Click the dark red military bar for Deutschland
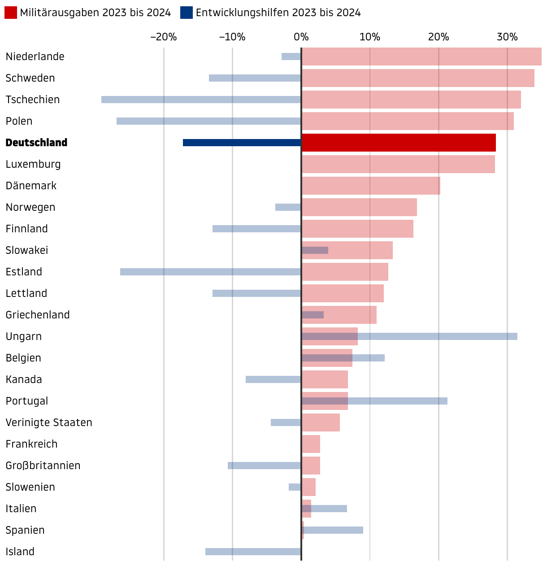399,143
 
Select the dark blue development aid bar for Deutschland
242,143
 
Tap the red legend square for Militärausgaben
11,13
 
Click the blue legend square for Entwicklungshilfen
187,13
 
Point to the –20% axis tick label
163,37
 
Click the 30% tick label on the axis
507,37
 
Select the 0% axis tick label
301,37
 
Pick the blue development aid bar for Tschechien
201,100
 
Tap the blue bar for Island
253,552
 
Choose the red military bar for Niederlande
421,57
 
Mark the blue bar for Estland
210,272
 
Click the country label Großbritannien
43,466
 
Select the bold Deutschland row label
36,143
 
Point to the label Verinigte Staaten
49,422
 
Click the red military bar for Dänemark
371,186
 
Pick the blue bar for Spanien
334,530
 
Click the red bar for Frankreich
311,444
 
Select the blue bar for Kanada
273,379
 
